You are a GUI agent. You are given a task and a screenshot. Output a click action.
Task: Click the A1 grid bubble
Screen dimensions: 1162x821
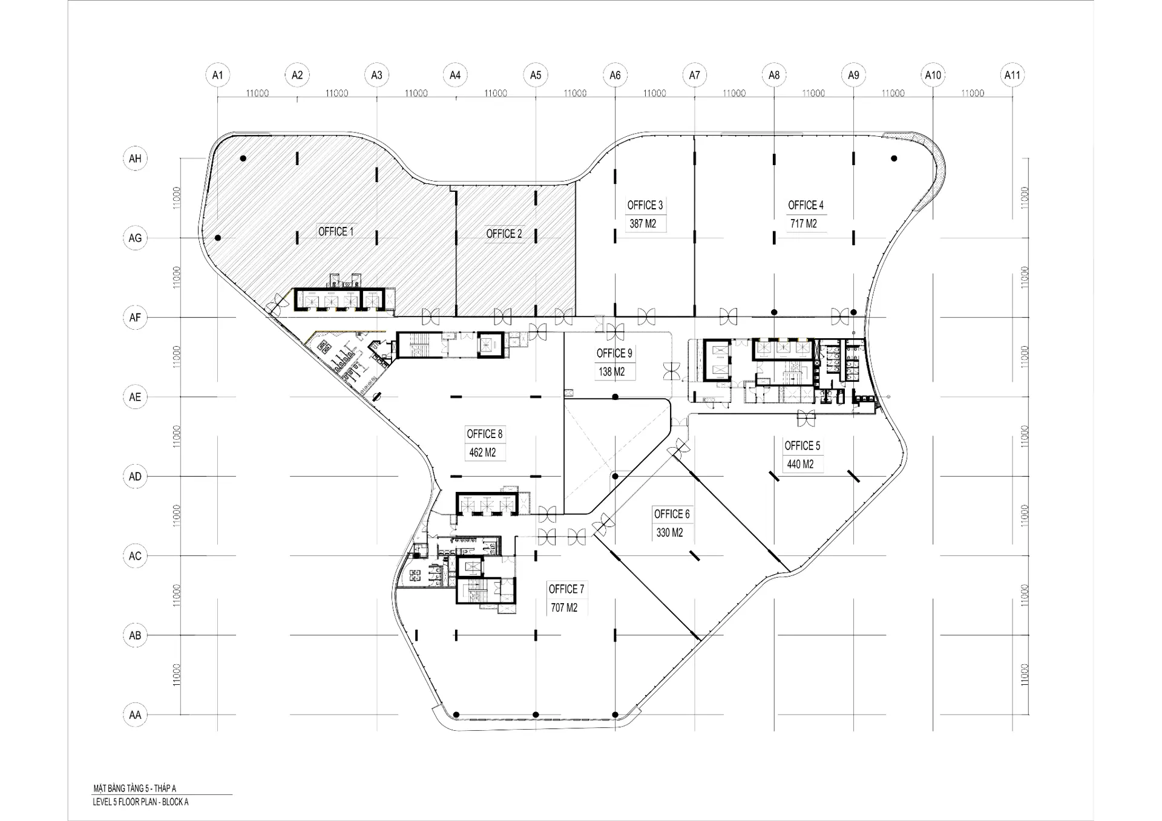217,75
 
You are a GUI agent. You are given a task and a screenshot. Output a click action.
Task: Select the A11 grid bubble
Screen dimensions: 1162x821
1012,75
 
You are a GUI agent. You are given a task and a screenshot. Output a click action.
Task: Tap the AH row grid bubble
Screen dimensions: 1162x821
135,159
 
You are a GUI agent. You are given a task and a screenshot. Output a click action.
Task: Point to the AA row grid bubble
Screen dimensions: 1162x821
135,715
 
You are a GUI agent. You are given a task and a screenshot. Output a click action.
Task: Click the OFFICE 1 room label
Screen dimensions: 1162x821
336,232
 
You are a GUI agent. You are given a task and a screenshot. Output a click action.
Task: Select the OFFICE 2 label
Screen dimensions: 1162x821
504,234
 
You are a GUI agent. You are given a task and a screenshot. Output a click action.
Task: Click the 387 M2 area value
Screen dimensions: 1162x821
643,224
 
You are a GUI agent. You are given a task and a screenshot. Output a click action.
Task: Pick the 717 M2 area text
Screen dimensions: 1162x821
803,224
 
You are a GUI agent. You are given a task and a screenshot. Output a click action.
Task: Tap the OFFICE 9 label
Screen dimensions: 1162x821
614,353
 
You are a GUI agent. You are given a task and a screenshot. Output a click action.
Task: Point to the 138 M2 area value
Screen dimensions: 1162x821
612,372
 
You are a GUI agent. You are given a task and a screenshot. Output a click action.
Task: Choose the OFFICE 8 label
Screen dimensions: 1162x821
484,434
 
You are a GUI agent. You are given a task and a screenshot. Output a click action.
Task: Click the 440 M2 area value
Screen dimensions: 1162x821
800,465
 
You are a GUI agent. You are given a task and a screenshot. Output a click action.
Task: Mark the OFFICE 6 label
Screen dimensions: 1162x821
672,514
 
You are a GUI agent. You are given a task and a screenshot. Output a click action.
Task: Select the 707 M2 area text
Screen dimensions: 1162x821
564,608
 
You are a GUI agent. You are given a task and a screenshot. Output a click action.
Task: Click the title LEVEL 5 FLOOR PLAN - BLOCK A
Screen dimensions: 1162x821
141,802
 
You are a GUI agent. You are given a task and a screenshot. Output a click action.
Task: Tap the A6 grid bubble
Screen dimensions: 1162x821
615,75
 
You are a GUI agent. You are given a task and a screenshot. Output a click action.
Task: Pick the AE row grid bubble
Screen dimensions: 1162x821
135,397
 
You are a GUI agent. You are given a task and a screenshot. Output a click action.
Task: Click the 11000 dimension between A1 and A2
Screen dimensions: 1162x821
257,93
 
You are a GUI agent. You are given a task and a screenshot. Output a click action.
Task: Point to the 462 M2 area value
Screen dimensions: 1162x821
482,453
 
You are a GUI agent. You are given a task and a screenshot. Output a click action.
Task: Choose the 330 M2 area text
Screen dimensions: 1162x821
669,533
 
